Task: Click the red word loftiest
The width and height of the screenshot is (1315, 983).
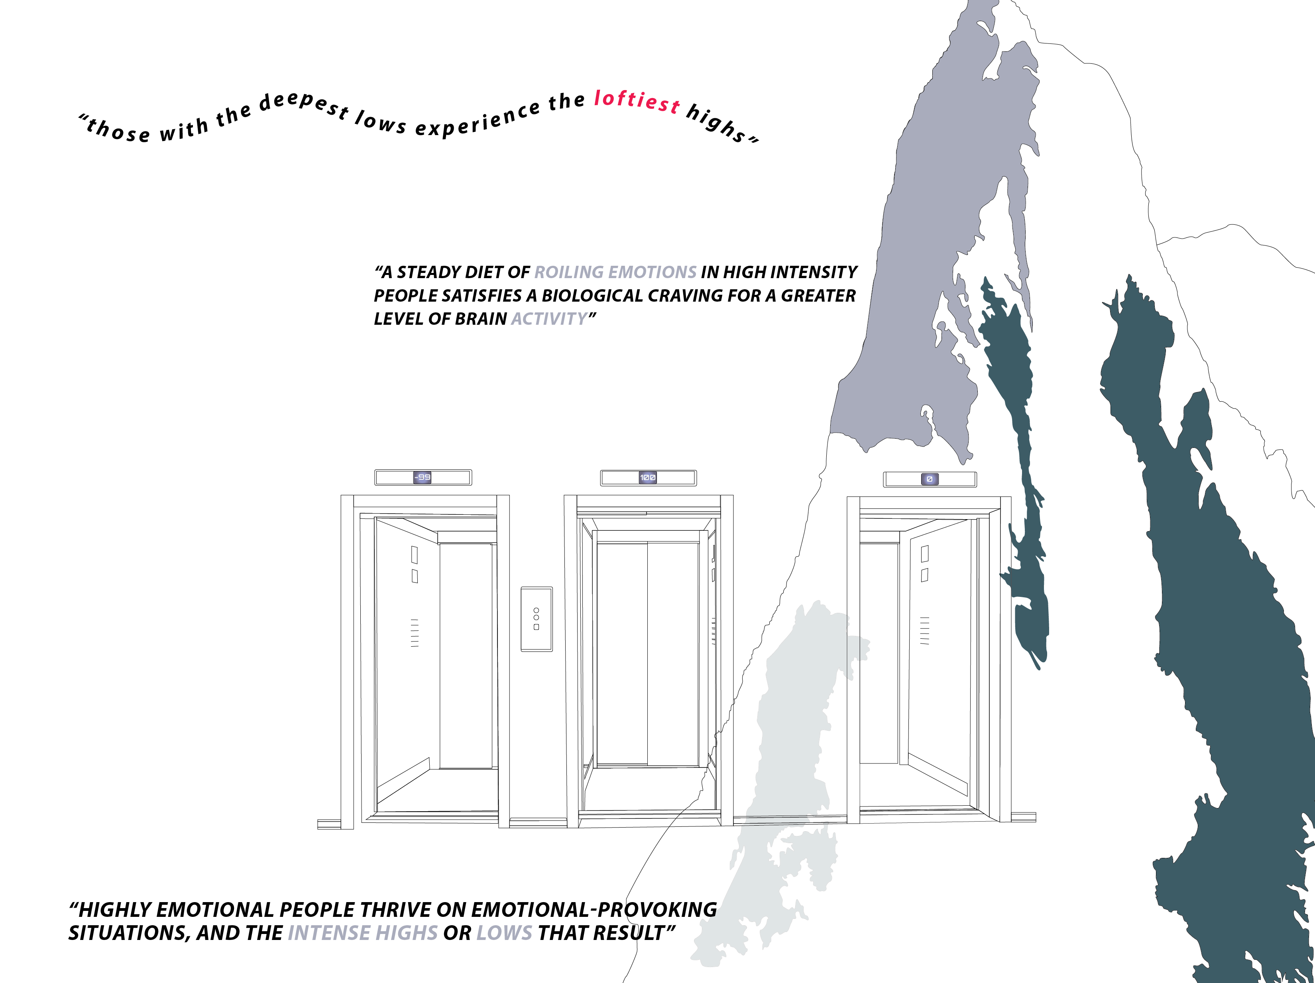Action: coord(637,100)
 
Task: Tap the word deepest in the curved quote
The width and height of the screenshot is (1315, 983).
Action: coord(304,103)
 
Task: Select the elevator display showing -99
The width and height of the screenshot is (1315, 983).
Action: coord(423,477)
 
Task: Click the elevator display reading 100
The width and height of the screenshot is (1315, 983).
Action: coord(648,477)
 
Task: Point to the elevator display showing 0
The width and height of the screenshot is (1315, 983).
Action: coord(930,479)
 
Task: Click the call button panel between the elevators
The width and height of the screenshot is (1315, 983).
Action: coord(536,619)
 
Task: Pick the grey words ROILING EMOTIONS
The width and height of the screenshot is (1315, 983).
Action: coord(615,272)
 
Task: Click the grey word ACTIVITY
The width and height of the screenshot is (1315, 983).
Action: coord(549,319)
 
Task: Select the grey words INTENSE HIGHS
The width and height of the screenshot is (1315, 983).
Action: coord(363,933)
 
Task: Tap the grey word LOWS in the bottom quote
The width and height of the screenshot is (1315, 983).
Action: coord(504,933)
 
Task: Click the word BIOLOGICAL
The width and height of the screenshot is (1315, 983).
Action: coord(592,296)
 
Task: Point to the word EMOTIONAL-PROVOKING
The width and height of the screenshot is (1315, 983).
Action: coord(594,910)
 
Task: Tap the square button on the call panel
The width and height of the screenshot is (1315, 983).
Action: coord(536,627)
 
